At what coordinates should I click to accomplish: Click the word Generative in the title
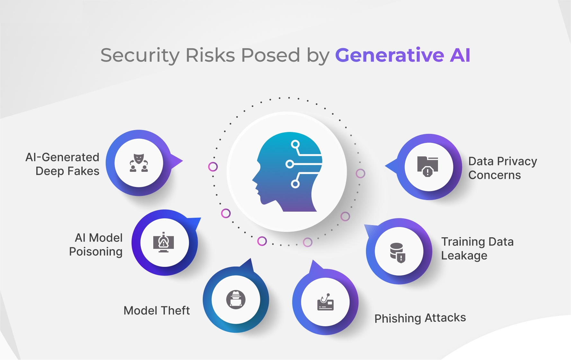[x=389, y=55]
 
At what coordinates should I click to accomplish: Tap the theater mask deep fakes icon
[x=139, y=163]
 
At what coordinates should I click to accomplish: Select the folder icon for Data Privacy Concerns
[x=428, y=166]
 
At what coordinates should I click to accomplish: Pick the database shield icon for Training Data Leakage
[x=398, y=253]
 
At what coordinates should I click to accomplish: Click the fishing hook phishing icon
[x=326, y=302]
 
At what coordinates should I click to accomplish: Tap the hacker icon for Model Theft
[x=236, y=300]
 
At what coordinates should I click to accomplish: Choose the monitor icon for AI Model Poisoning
[x=164, y=242]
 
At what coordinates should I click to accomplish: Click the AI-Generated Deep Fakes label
[x=63, y=164]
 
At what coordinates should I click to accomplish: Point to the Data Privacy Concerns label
[x=503, y=168]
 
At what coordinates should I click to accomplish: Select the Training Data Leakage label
[x=477, y=249]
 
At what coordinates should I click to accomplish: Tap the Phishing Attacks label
[x=420, y=318]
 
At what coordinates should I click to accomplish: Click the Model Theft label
[x=157, y=311]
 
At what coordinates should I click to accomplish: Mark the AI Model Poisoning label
[x=96, y=245]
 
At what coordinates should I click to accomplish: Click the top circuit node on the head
[x=295, y=144]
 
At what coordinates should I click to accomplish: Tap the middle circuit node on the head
[x=290, y=164]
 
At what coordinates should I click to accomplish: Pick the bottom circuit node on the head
[x=295, y=184]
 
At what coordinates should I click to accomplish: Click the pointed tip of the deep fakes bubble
[x=183, y=161]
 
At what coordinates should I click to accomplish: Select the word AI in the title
[x=460, y=55]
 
